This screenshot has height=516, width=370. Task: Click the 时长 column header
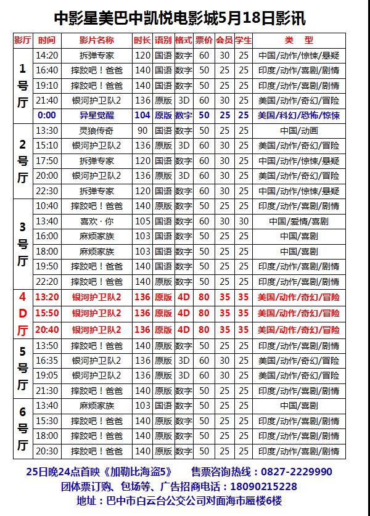coord(142,40)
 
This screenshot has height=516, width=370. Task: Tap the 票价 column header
coord(204,40)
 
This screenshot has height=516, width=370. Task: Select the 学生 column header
coord(244,40)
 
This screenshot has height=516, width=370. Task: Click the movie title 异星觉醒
coord(97,115)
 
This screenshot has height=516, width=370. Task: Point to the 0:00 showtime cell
coord(47,115)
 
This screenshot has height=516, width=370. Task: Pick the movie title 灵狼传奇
coord(97,131)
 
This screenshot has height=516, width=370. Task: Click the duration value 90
coord(142,131)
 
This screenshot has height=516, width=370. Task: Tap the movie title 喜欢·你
coord(97,221)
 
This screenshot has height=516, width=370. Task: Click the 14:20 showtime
coord(47,55)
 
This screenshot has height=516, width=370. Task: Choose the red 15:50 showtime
coord(47,313)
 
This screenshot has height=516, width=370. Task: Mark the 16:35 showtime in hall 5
coord(47,361)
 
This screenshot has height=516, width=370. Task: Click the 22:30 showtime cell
coord(47,191)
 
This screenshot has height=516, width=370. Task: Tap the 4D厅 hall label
coord(23,313)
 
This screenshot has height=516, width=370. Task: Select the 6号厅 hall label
coord(23,428)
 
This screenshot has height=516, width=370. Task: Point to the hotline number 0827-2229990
coord(295,472)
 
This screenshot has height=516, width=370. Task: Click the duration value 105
coord(142,221)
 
